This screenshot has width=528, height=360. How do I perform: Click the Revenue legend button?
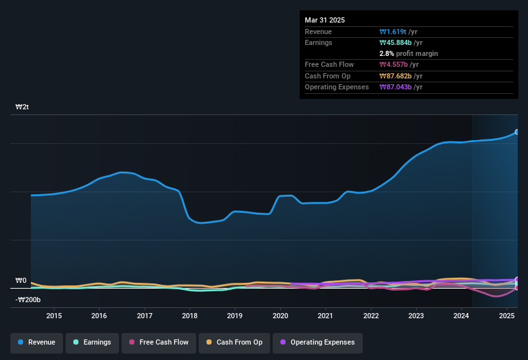[x=37, y=342]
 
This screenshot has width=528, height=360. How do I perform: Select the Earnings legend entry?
[x=92, y=342]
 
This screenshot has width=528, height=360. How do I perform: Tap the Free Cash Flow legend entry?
[x=158, y=342]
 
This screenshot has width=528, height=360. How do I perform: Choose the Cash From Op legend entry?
[x=233, y=342]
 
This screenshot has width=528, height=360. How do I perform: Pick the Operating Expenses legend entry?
[x=317, y=342]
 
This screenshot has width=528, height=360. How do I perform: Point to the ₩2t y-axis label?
[x=22, y=107]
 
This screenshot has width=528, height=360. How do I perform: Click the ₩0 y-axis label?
[x=21, y=281]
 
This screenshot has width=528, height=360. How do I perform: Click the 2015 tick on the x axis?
[x=54, y=316]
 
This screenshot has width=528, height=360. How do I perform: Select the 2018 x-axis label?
[x=190, y=316]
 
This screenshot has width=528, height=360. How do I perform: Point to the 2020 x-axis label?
[x=280, y=316]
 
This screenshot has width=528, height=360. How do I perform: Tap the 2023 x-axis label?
[x=416, y=316]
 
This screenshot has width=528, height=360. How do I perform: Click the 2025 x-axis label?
[x=507, y=316]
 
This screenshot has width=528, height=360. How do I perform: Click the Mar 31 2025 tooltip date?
[x=325, y=20]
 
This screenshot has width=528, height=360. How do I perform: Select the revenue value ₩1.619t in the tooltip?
[x=394, y=32]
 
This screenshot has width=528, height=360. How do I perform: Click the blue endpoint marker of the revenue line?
[x=516, y=132]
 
